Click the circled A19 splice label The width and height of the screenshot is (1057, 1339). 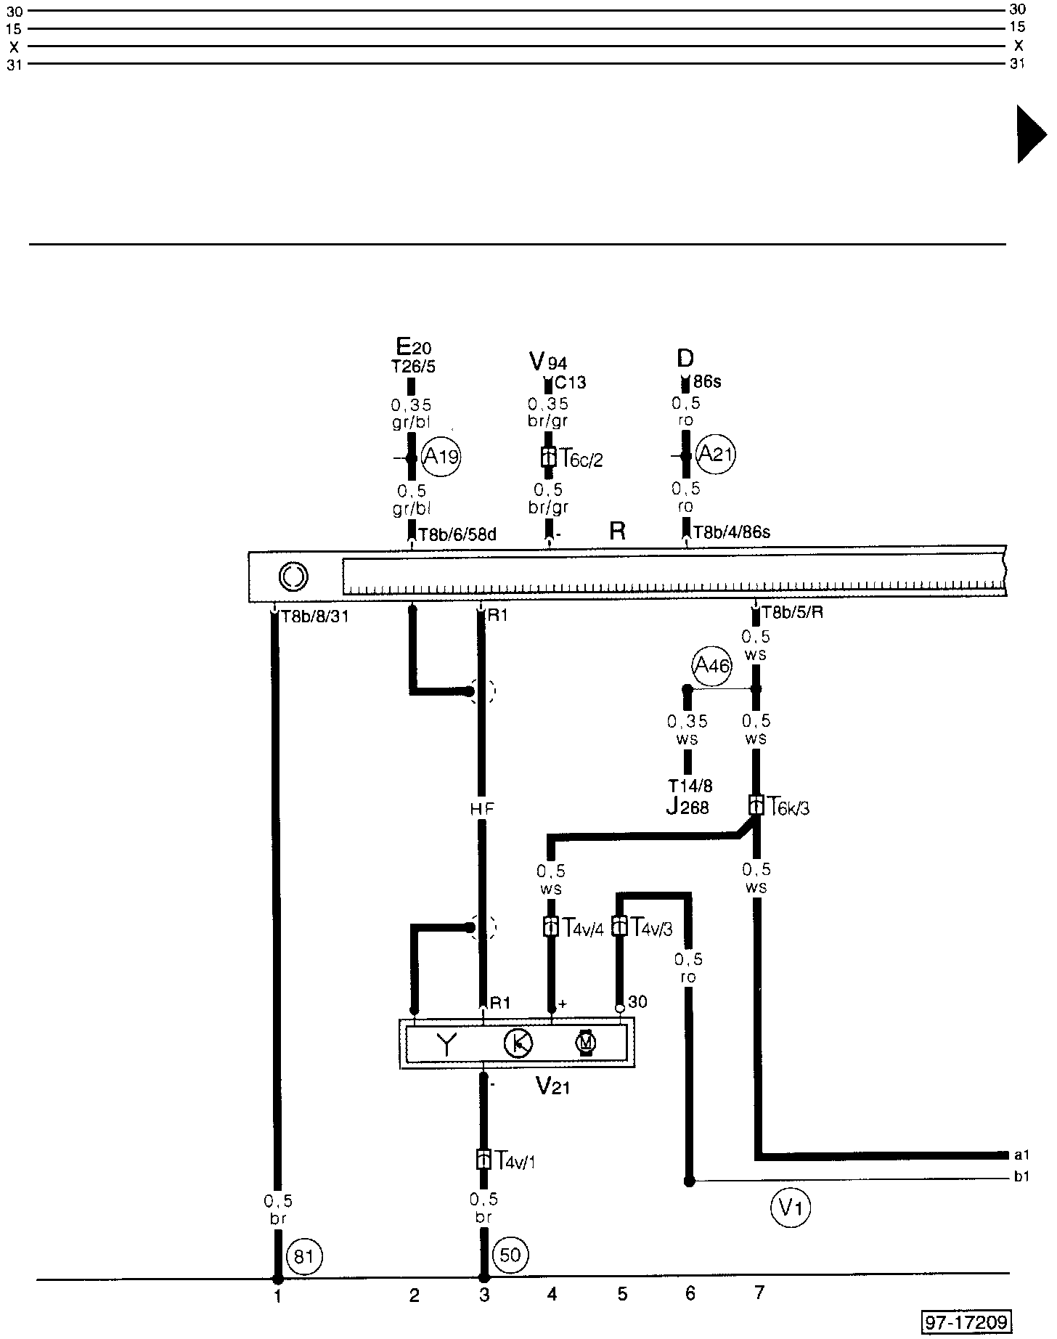click(x=441, y=457)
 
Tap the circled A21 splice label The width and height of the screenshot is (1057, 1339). click(x=715, y=455)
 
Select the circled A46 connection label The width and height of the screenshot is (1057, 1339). click(x=711, y=664)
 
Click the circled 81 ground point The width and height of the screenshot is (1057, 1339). click(x=304, y=1255)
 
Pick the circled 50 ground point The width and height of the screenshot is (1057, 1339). click(x=511, y=1255)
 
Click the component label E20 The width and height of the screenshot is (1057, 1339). click(x=413, y=346)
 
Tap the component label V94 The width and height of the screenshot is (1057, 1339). click(x=548, y=361)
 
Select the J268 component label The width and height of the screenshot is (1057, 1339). click(x=687, y=807)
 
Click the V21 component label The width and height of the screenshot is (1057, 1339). click(x=552, y=1086)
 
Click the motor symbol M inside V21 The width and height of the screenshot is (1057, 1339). click(x=585, y=1043)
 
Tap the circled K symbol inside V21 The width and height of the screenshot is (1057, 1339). click(x=518, y=1043)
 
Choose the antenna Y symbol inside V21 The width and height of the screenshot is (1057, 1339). click(x=446, y=1044)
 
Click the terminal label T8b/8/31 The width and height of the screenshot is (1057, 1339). click(x=314, y=617)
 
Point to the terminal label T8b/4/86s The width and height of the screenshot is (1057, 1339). click(x=731, y=532)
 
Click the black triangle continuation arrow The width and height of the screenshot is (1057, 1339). click(x=1031, y=134)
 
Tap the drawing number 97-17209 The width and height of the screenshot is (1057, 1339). click(x=966, y=1322)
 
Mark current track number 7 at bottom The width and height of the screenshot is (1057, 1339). click(x=759, y=1293)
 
